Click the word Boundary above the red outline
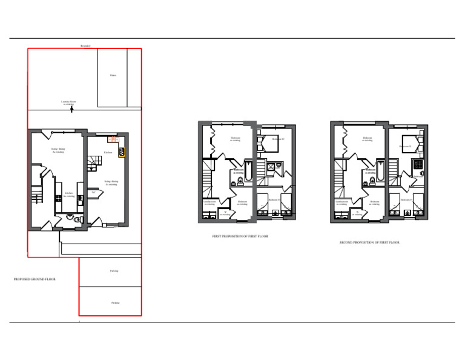pos(85,45)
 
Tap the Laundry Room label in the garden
pos(68,102)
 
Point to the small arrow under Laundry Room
pos(72,109)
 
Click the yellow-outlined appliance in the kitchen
pos(122,152)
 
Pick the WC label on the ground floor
pos(94,192)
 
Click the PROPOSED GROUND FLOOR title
pos(35,279)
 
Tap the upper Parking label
pos(114,271)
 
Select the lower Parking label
pos(115,302)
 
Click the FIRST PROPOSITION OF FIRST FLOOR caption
pos(240,236)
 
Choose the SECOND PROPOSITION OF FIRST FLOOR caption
pos(369,242)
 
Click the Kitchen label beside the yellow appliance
pos(108,153)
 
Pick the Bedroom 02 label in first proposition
pos(278,139)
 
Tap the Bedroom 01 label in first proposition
pos(274,199)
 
